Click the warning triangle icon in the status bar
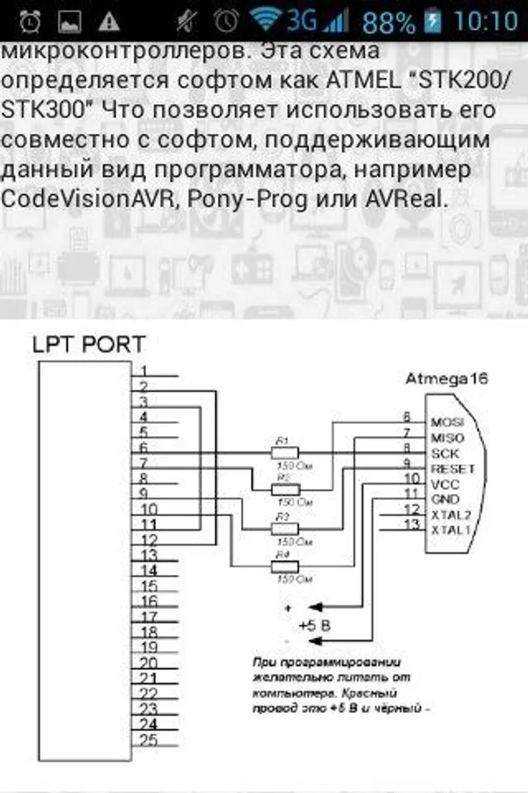(109, 19)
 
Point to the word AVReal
(407, 198)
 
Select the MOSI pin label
(448, 422)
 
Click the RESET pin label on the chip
(453, 469)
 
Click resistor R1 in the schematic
(282, 452)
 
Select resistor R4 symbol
(282, 567)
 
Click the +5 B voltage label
(314, 625)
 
